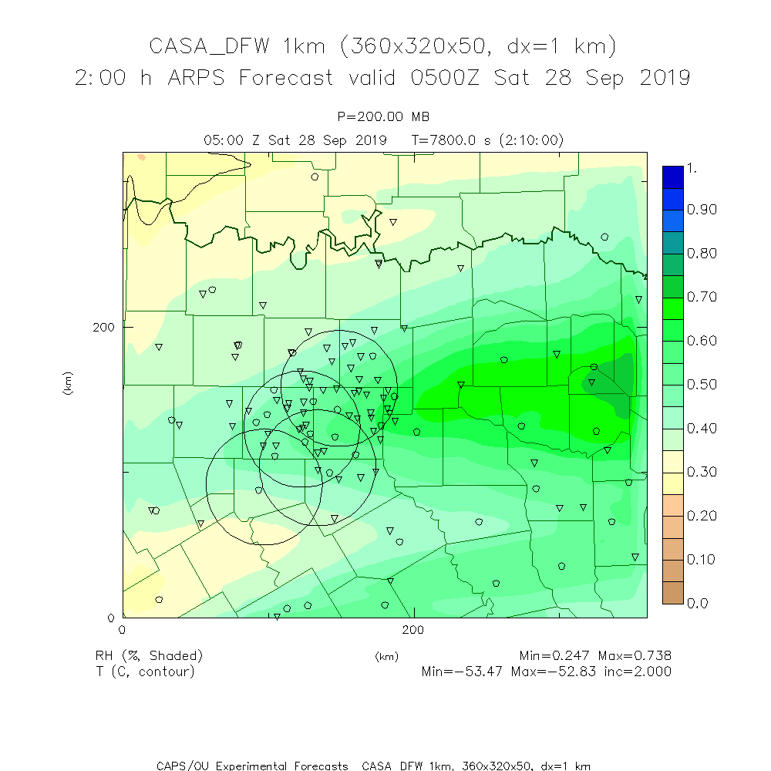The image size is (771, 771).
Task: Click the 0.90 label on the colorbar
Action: (702, 210)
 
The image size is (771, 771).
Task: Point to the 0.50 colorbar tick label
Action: (702, 385)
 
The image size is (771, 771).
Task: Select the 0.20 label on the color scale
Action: (702, 516)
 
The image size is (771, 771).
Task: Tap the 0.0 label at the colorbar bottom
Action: (697, 603)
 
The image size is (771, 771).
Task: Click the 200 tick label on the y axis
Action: (103, 327)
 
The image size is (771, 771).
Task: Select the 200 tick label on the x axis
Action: (414, 630)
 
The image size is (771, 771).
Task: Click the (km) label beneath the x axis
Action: (386, 657)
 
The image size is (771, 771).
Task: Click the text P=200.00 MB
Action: (384, 116)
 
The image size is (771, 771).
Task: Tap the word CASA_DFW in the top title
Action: (209, 46)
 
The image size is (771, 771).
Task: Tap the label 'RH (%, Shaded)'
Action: (149, 656)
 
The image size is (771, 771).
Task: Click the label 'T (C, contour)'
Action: (145, 672)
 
